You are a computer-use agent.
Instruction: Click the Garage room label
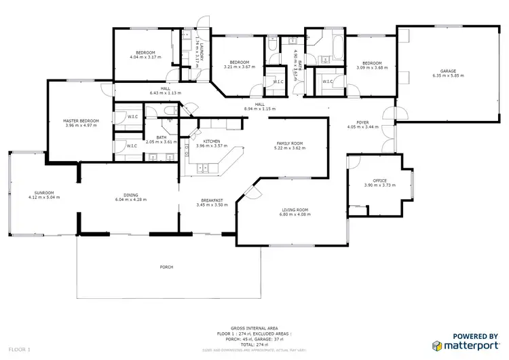(x=447, y=71)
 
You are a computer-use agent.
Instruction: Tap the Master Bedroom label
(x=81, y=121)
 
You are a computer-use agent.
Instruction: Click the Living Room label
(x=294, y=210)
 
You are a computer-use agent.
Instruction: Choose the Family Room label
(x=289, y=144)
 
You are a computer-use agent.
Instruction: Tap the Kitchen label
(x=210, y=141)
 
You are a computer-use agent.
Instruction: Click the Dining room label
(x=131, y=195)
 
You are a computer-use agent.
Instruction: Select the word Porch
(x=166, y=267)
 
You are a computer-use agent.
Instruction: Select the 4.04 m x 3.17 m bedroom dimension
(x=145, y=57)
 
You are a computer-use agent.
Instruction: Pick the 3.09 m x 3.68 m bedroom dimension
(x=371, y=67)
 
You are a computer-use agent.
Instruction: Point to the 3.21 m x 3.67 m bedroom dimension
(x=240, y=67)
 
